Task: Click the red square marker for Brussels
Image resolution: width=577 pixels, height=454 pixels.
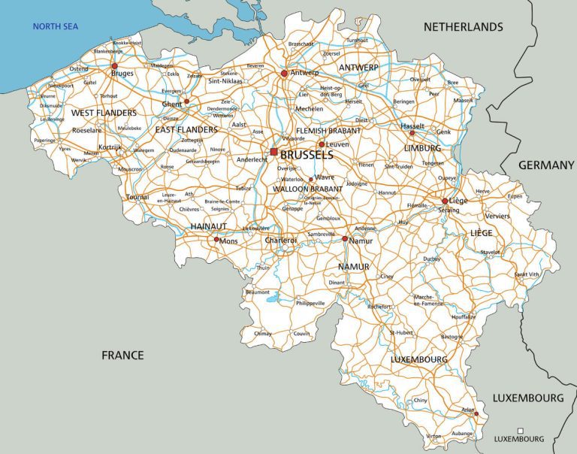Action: [x=274, y=152]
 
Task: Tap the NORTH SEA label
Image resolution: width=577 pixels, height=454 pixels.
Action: [x=56, y=27]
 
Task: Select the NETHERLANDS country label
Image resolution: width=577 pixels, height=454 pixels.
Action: [x=463, y=27]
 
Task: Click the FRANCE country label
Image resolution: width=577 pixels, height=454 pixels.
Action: [x=122, y=355]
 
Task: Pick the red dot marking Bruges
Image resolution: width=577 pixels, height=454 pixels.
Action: [x=114, y=66]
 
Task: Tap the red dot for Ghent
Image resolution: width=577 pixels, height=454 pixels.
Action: [x=186, y=101]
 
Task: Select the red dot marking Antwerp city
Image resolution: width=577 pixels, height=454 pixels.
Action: [x=284, y=74]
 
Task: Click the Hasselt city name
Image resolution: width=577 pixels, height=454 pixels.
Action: [x=412, y=126]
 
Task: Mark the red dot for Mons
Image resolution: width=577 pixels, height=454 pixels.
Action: [x=216, y=240]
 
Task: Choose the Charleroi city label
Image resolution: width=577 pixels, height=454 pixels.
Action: [x=281, y=241]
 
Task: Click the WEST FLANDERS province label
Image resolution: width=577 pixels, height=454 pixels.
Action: [x=104, y=113]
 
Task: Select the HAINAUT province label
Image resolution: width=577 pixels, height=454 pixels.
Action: [x=208, y=225]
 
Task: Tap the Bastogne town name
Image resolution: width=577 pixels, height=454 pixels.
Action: [x=451, y=337]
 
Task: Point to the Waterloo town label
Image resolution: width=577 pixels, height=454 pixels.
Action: [x=292, y=180]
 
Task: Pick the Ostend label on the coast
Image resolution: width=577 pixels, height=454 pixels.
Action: [x=78, y=69]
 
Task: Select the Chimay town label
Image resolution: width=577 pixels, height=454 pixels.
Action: [x=263, y=333]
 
